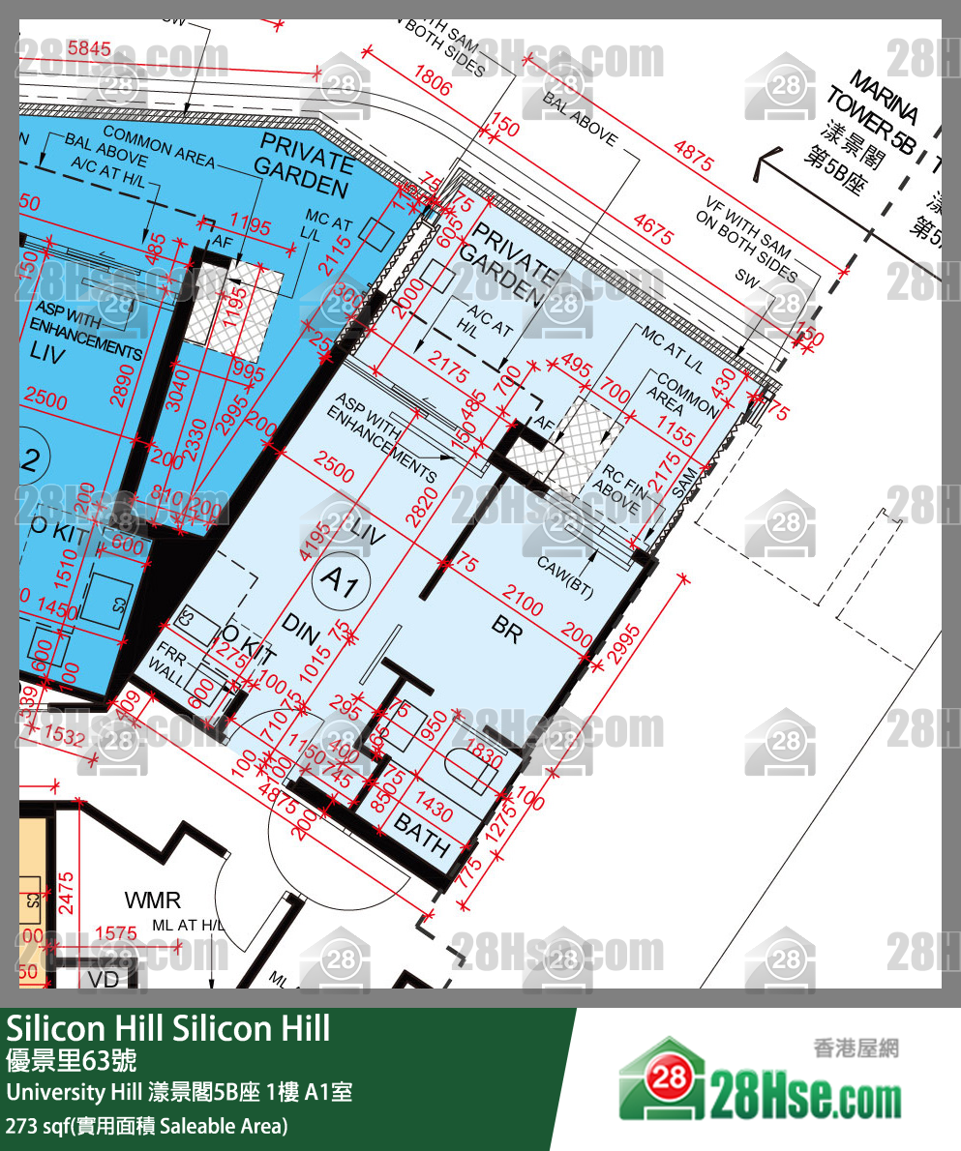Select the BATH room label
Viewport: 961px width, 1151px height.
(x=423, y=837)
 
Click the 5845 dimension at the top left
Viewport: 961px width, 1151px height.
(x=90, y=46)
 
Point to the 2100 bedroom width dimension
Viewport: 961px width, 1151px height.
(x=524, y=602)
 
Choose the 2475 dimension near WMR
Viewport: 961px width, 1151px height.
(x=65, y=894)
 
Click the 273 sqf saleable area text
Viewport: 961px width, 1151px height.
(x=146, y=1126)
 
